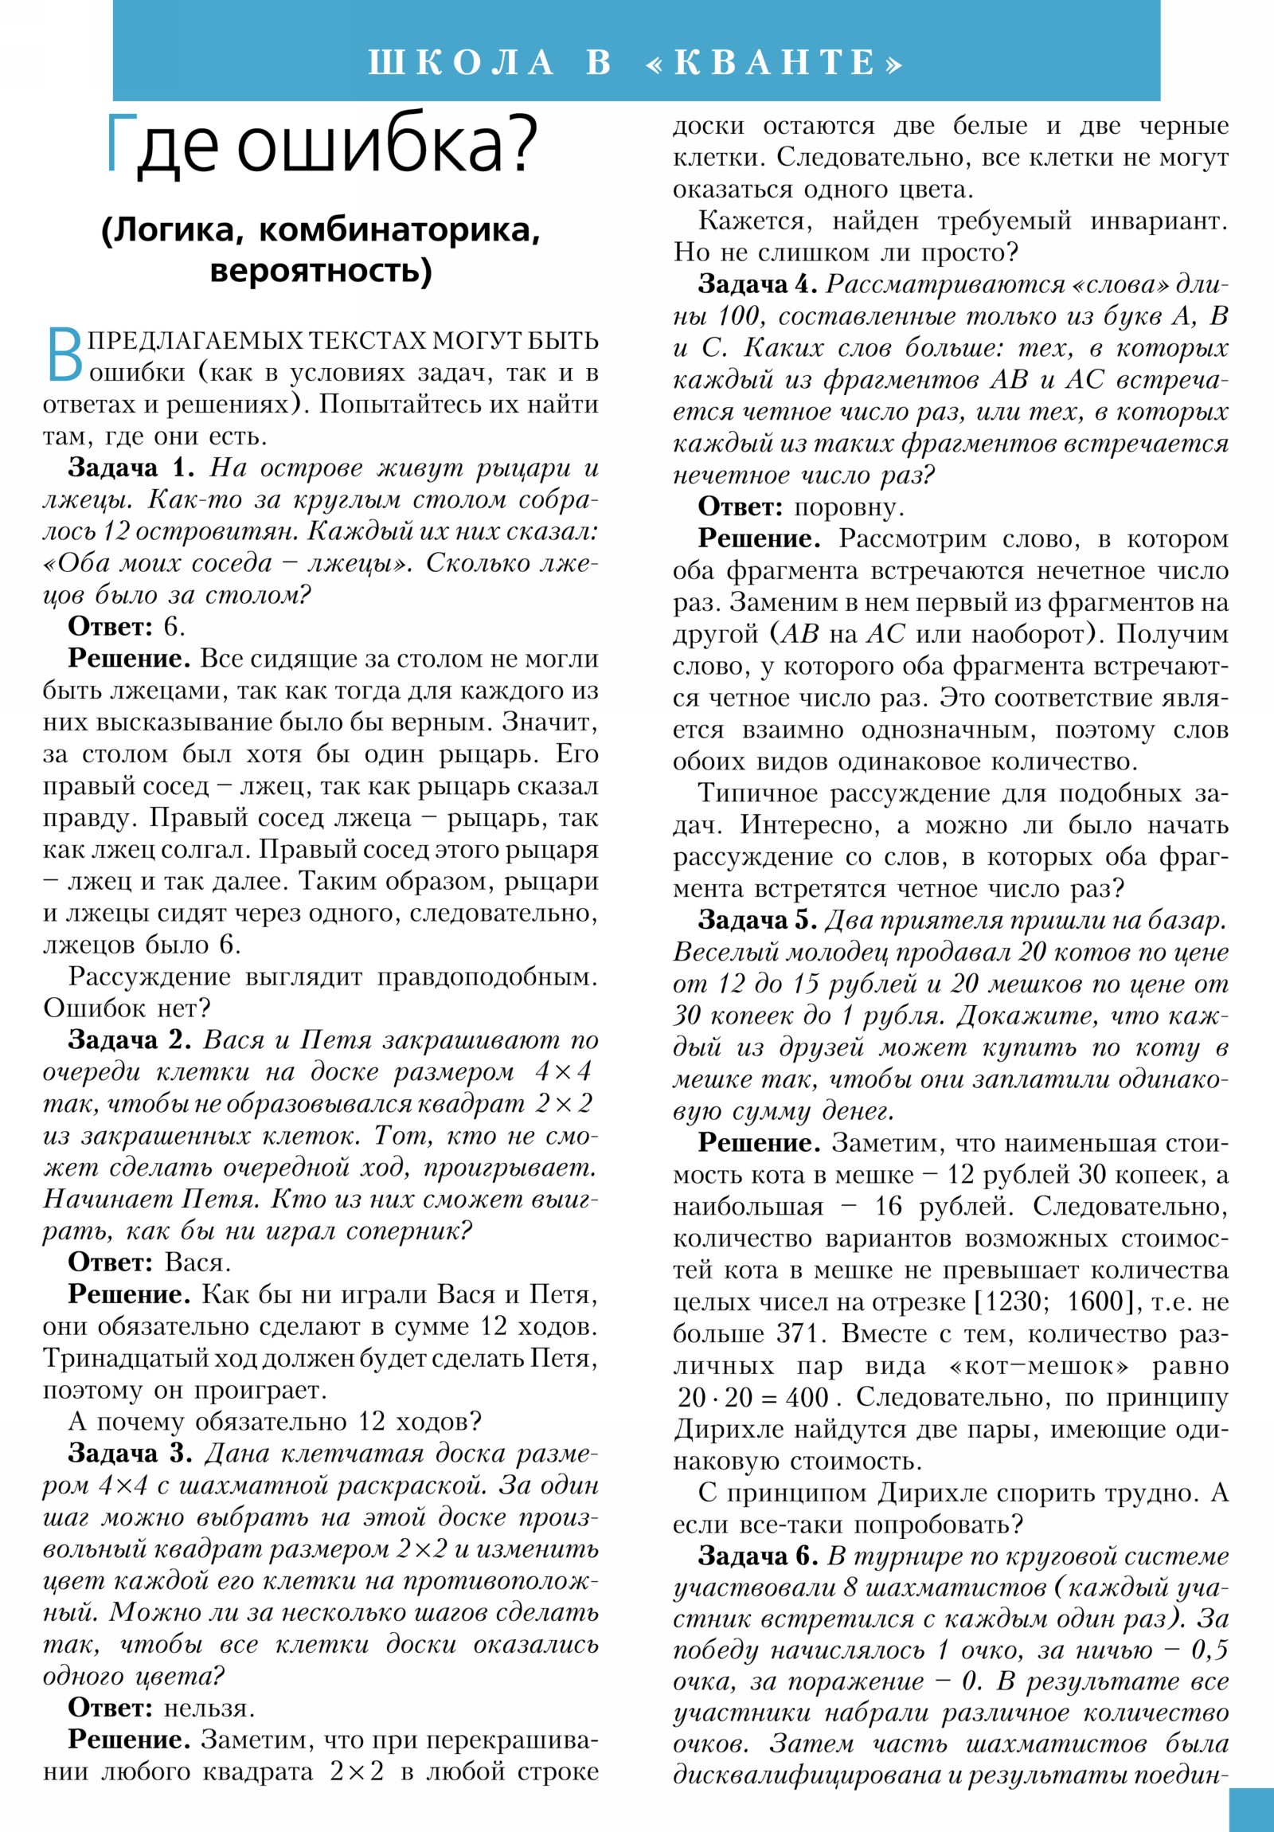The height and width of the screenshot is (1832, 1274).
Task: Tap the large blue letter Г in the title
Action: point(119,144)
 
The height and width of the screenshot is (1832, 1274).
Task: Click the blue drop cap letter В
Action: point(63,357)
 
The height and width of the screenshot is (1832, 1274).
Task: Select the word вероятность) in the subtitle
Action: point(321,271)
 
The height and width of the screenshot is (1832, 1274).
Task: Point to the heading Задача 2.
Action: point(129,1039)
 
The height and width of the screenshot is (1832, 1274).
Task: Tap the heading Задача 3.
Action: point(129,1453)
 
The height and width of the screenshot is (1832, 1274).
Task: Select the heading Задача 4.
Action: point(758,284)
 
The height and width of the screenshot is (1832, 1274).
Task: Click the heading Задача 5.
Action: point(758,920)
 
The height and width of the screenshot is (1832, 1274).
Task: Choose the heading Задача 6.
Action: point(758,1555)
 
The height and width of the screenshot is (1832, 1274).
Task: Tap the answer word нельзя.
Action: point(209,1708)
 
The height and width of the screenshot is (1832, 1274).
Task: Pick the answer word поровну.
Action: point(849,507)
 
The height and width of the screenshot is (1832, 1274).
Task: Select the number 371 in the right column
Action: point(799,1333)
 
